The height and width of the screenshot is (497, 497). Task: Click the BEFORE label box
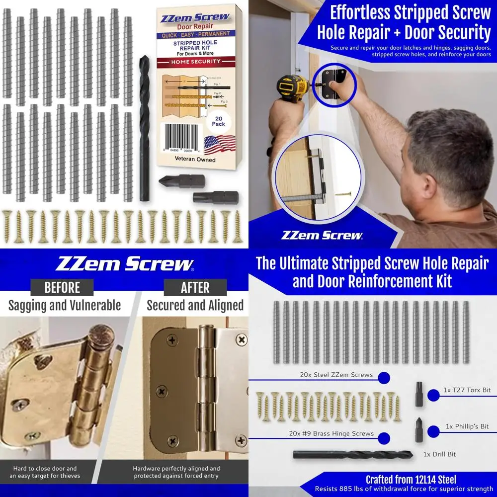(62, 287)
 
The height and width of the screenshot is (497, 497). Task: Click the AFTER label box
(195, 287)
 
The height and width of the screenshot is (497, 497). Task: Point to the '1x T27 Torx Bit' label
(466, 391)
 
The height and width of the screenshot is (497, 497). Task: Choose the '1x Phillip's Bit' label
(467, 426)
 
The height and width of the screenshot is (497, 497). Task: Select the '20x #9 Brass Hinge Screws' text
(331, 433)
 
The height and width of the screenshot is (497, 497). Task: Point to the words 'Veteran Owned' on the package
(195, 160)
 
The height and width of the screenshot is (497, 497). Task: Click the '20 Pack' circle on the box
(219, 120)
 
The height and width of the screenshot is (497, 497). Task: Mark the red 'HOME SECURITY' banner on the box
(197, 62)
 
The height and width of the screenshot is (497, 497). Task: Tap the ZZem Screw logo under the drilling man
(322, 235)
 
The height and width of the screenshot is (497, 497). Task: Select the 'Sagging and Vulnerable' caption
(65, 305)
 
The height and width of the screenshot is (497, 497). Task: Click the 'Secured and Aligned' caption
(195, 305)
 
